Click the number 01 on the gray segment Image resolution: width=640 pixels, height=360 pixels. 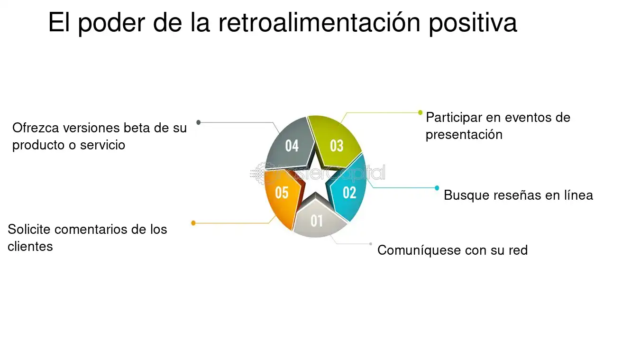click(x=317, y=221)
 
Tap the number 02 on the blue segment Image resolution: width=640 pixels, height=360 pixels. click(x=349, y=193)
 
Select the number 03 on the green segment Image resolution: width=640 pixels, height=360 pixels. click(x=337, y=146)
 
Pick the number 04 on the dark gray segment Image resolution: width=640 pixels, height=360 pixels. click(x=292, y=146)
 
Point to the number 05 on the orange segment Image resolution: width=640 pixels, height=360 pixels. click(x=282, y=193)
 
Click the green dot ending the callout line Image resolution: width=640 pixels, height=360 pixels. click(x=421, y=112)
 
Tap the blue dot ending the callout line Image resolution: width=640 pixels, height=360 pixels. click(x=437, y=188)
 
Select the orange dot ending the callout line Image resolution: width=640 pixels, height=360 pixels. click(x=193, y=223)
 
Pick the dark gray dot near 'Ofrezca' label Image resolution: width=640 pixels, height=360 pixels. click(x=199, y=122)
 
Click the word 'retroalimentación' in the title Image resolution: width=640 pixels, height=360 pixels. click(x=319, y=22)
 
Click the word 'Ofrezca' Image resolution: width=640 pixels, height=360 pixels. click(x=36, y=128)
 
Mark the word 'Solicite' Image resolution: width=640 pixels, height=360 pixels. click(x=29, y=229)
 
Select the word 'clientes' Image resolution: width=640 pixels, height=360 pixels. click(x=30, y=246)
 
